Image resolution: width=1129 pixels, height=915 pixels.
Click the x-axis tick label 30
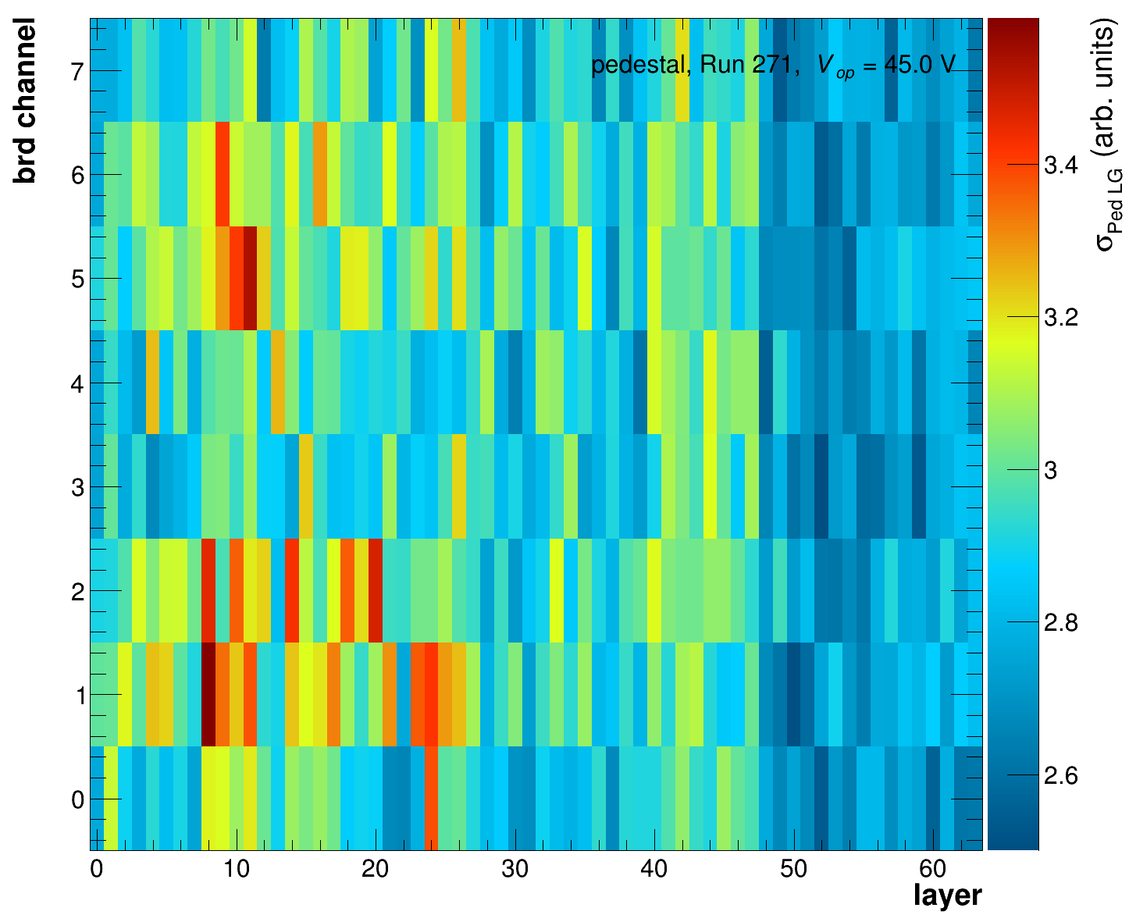pyautogui.click(x=515, y=870)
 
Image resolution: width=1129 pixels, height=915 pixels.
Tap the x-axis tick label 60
pyautogui.click(x=933, y=870)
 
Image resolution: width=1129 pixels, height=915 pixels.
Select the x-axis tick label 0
pyautogui.click(x=97, y=870)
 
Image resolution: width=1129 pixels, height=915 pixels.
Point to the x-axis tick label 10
pyautogui.click(x=236, y=870)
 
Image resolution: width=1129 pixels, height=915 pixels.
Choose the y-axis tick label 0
pyautogui.click(x=77, y=800)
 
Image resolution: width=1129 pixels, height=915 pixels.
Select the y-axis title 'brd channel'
pyautogui.click(x=25, y=103)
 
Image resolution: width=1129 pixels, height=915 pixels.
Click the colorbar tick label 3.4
pyautogui.click(x=1060, y=166)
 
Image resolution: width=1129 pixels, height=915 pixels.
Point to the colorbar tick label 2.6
pyautogui.click(x=1060, y=776)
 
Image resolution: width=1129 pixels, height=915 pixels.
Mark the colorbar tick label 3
pyautogui.click(x=1051, y=471)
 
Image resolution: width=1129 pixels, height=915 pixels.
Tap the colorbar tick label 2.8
pyautogui.click(x=1060, y=623)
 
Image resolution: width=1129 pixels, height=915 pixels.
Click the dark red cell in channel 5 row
pyautogui.click(x=250, y=278)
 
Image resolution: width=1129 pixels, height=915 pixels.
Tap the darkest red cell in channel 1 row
pyautogui.click(x=208, y=694)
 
